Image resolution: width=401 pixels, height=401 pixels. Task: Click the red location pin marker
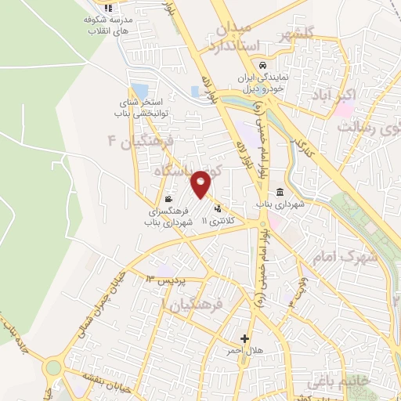click(x=201, y=183)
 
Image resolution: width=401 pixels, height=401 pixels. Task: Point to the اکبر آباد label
click(x=338, y=96)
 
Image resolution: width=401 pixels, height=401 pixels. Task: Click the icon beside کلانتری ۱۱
click(x=217, y=208)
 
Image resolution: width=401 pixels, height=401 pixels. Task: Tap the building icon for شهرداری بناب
click(x=280, y=193)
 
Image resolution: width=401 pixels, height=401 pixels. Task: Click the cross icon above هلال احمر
click(x=246, y=339)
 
